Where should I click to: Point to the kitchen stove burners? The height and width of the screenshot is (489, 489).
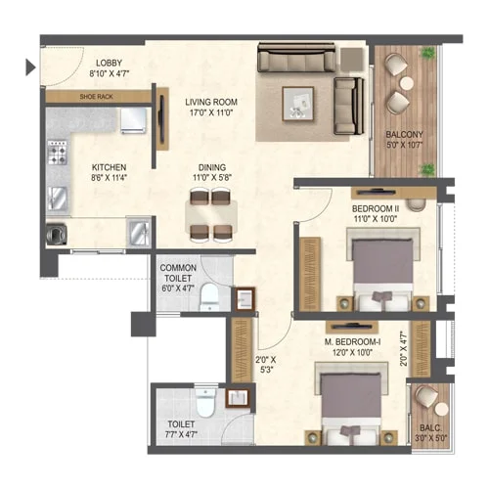(x=58, y=155)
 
